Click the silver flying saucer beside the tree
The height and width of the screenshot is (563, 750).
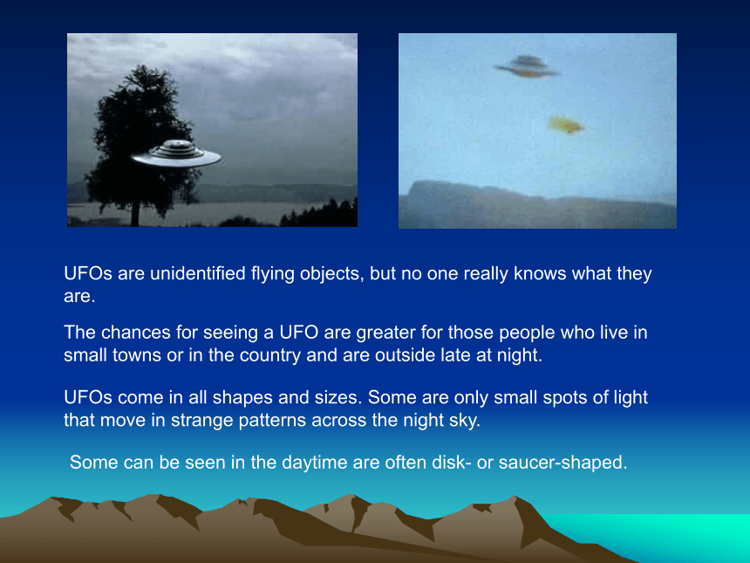pos(176,154)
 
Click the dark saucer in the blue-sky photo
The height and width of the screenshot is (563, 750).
pos(527,66)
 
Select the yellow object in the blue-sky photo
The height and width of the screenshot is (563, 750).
pos(565,125)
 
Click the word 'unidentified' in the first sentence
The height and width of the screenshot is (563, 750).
pos(198,273)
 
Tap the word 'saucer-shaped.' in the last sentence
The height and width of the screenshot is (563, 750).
pos(562,463)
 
